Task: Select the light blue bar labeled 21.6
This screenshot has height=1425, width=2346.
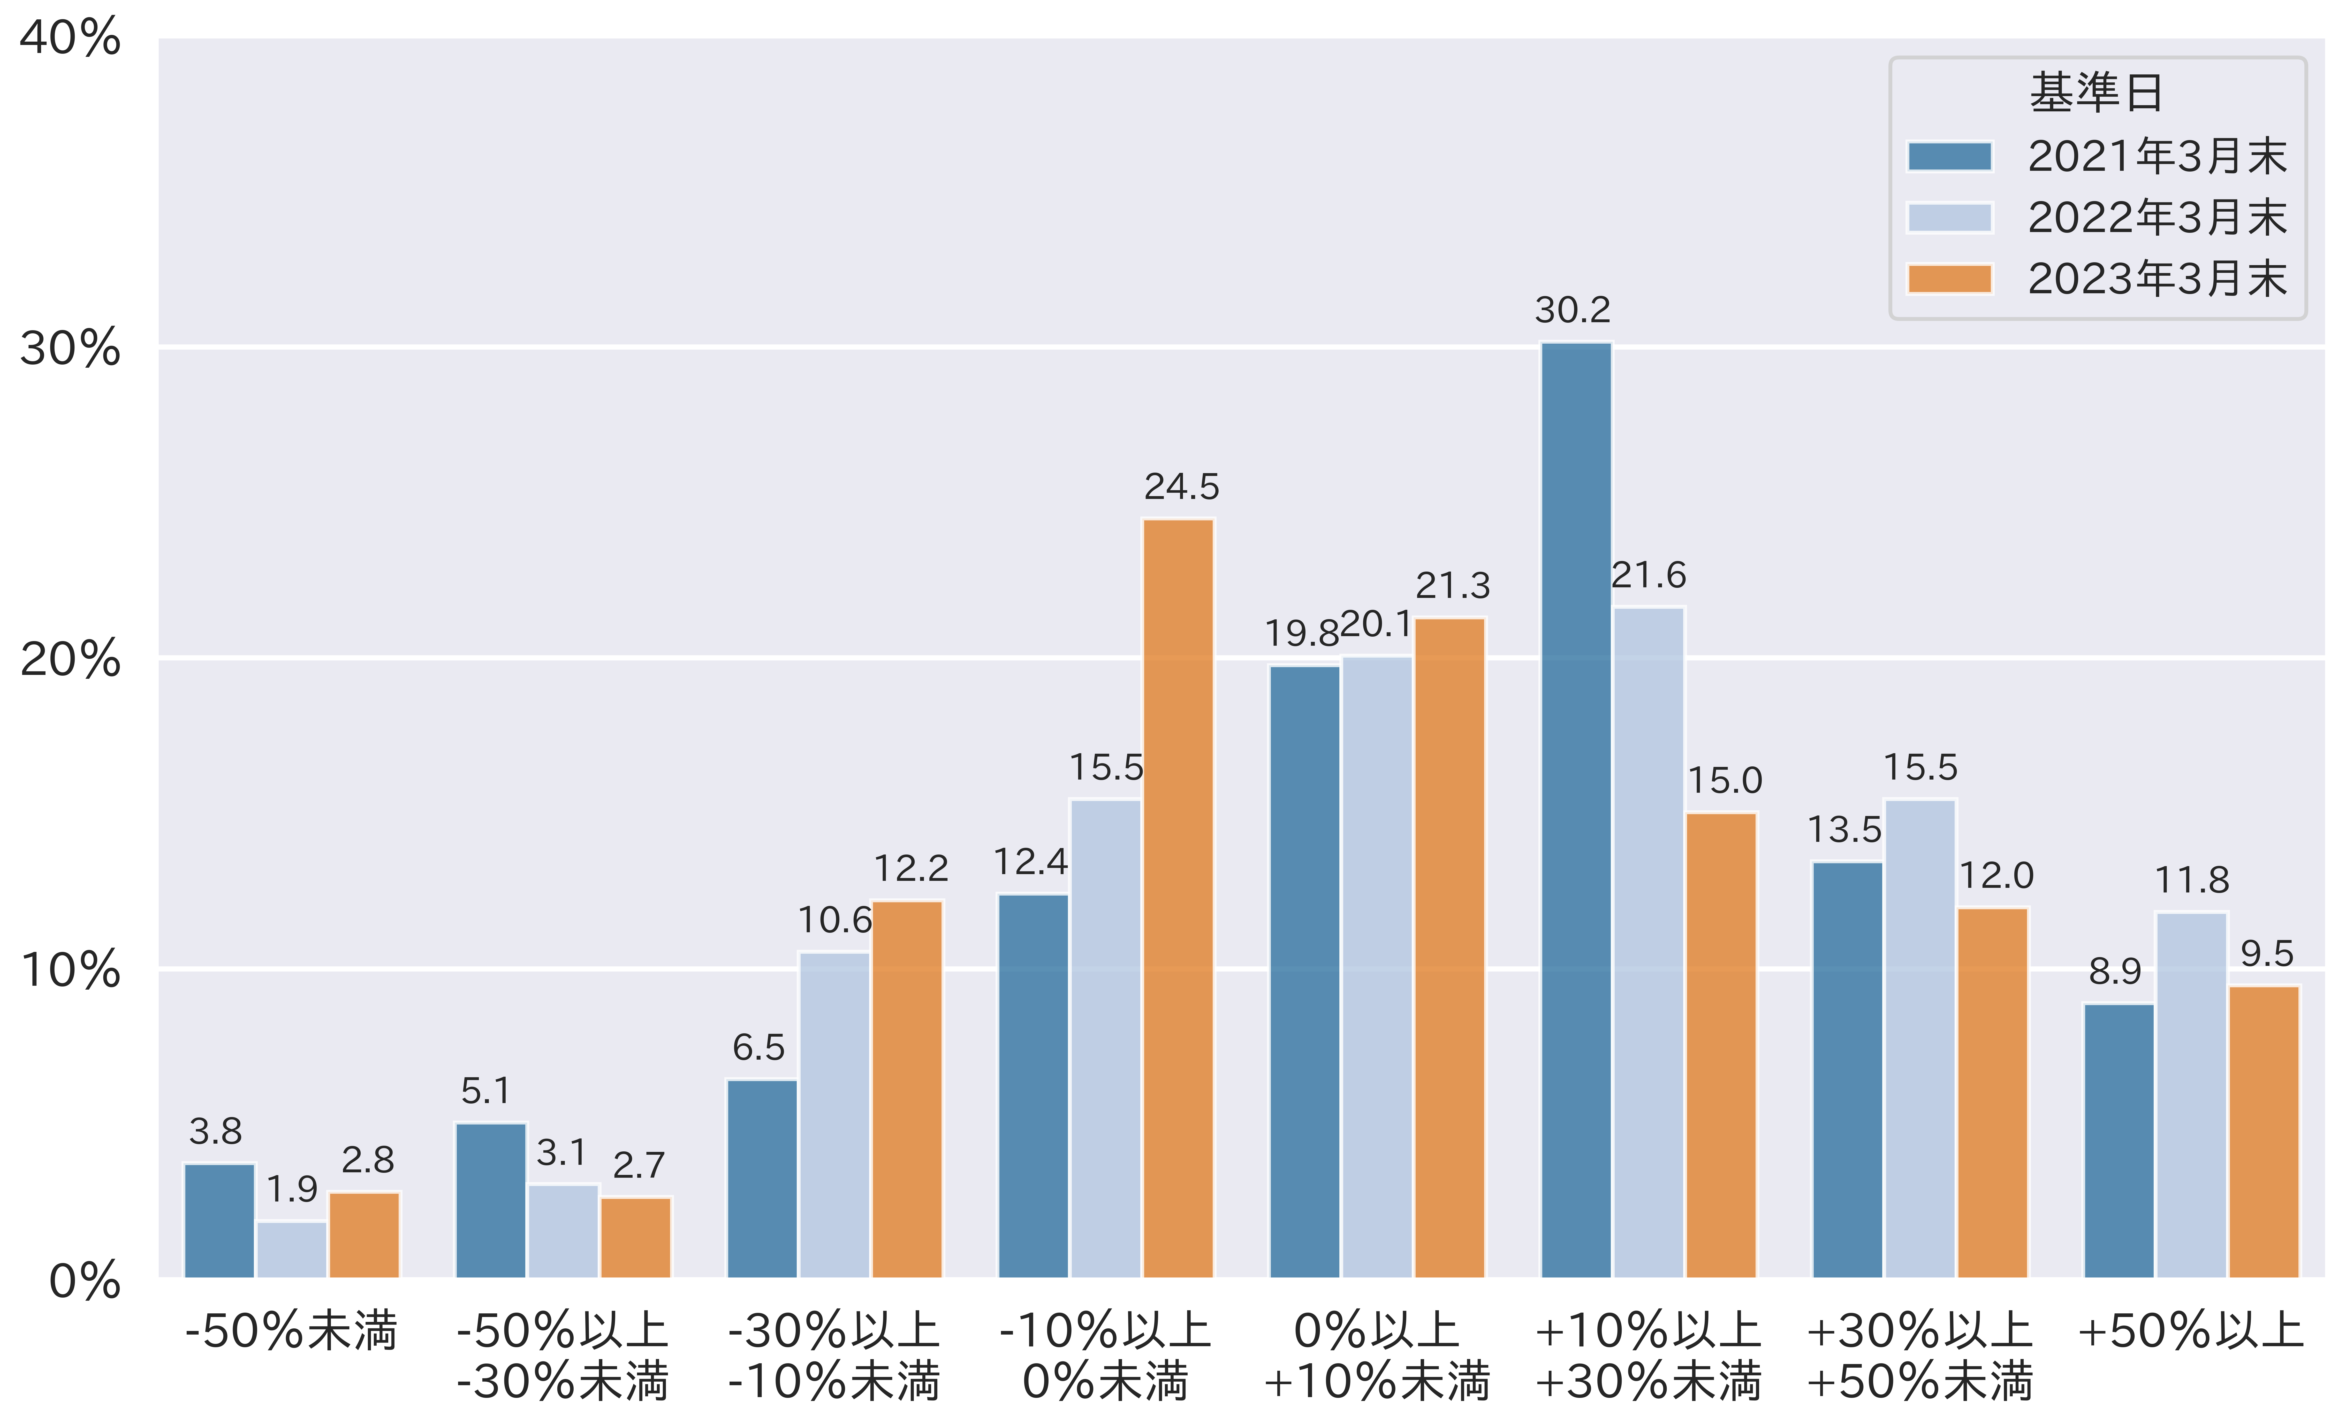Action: (x=1648, y=942)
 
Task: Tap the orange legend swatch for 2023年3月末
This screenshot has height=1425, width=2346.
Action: (x=1949, y=279)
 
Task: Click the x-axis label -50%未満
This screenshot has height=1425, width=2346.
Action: (x=291, y=1331)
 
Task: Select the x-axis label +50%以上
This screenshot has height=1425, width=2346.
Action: (x=2190, y=1331)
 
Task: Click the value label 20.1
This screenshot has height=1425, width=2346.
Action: (x=1376, y=625)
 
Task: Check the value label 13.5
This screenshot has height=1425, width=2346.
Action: (x=1844, y=830)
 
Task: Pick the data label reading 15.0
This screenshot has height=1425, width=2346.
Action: (x=1724, y=782)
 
